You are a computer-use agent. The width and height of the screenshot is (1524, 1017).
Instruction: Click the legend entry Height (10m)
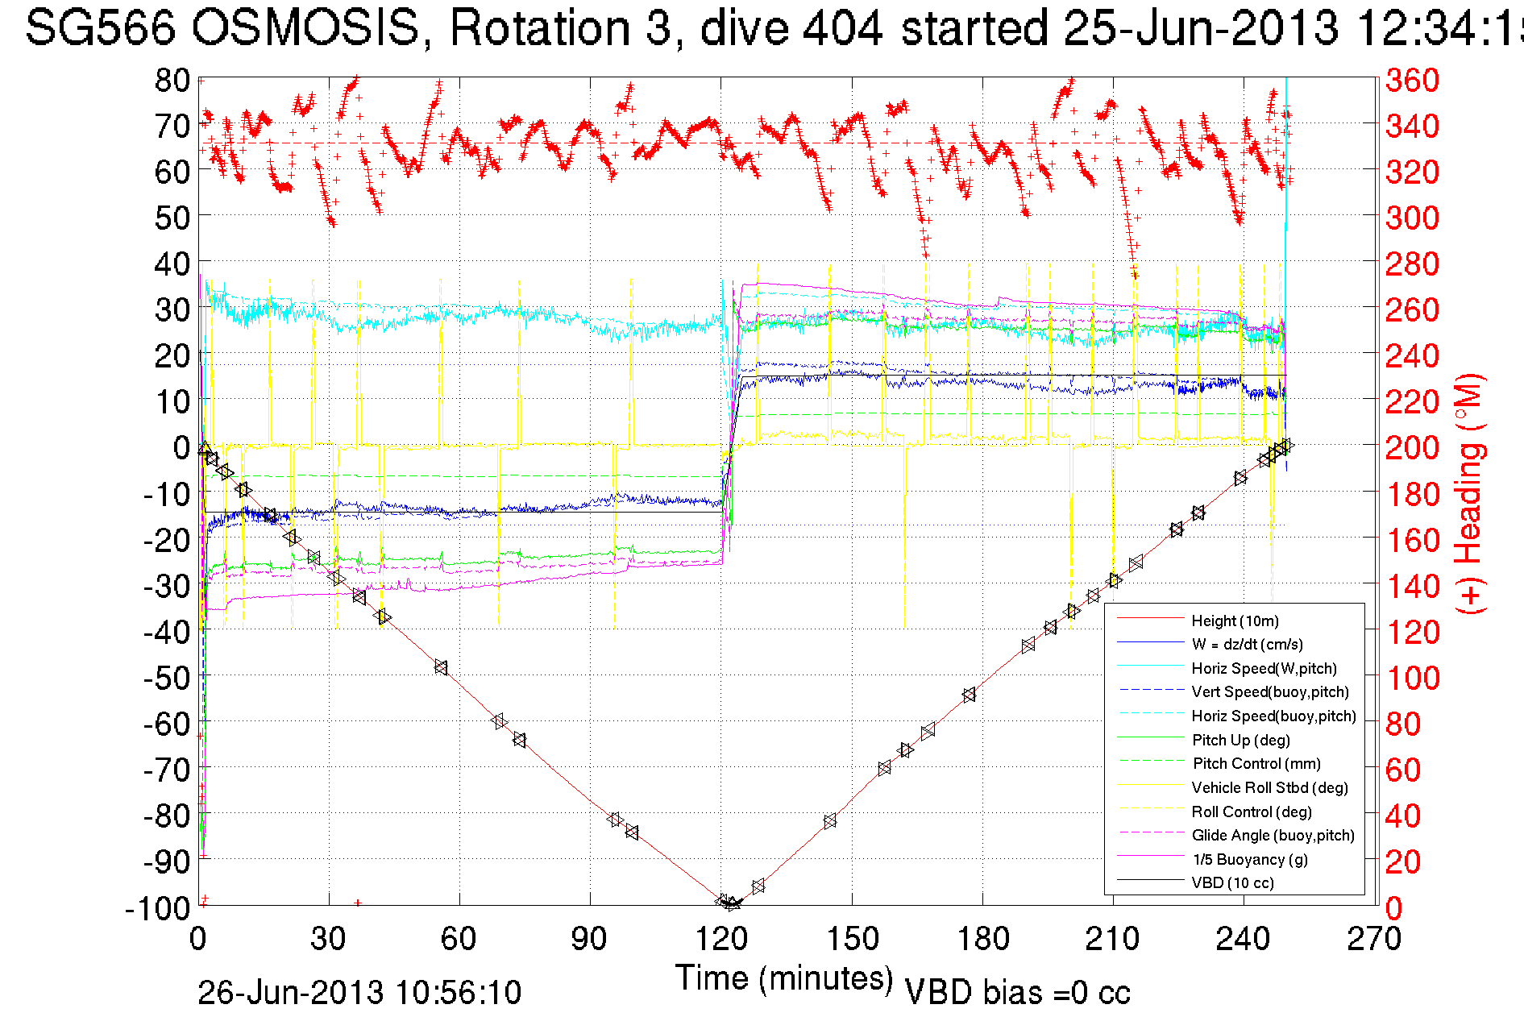(x=1235, y=621)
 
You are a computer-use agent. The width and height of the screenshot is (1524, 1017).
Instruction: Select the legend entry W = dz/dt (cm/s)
(x=1247, y=644)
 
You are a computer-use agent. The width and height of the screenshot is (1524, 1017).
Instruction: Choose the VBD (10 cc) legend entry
(x=1232, y=882)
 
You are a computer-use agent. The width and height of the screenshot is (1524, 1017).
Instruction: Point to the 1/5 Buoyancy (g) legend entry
(x=1250, y=859)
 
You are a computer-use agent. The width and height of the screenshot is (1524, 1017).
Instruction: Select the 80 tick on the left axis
(x=172, y=80)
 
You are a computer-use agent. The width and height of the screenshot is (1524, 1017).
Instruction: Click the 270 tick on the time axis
(x=1374, y=938)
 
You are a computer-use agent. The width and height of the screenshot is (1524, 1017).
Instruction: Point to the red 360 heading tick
(x=1412, y=80)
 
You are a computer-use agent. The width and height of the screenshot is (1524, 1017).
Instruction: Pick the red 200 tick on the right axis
(x=1412, y=447)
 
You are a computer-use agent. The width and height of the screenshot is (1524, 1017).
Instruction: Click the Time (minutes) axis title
(x=784, y=978)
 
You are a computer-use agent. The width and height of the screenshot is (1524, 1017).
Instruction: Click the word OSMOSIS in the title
(x=305, y=28)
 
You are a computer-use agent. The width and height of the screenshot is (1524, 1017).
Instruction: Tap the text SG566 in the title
(x=100, y=28)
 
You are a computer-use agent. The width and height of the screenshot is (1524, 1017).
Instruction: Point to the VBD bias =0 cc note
(x=1017, y=993)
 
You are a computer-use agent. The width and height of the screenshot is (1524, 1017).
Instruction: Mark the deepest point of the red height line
(x=730, y=905)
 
